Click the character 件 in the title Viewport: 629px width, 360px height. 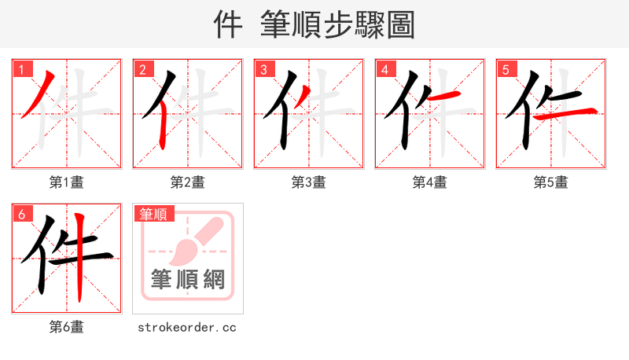pyautogui.click(x=228, y=25)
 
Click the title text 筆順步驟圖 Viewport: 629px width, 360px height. pyautogui.click(x=338, y=25)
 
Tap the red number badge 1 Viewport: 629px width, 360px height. pyautogui.click(x=20, y=69)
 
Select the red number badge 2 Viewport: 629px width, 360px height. pyautogui.click(x=142, y=69)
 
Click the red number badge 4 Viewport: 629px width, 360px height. pyautogui.click(x=384, y=69)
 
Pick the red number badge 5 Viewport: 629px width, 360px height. pyautogui.click(x=505, y=69)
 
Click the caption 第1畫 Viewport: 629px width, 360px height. pyautogui.click(x=66, y=182)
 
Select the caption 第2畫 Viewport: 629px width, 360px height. pyautogui.click(x=187, y=182)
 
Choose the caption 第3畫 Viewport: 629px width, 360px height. pyautogui.click(x=308, y=182)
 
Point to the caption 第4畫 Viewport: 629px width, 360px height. pyautogui.click(x=429, y=182)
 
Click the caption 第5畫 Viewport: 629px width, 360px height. pyautogui.click(x=550, y=182)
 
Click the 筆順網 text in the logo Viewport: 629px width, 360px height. pyautogui.click(x=188, y=280)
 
